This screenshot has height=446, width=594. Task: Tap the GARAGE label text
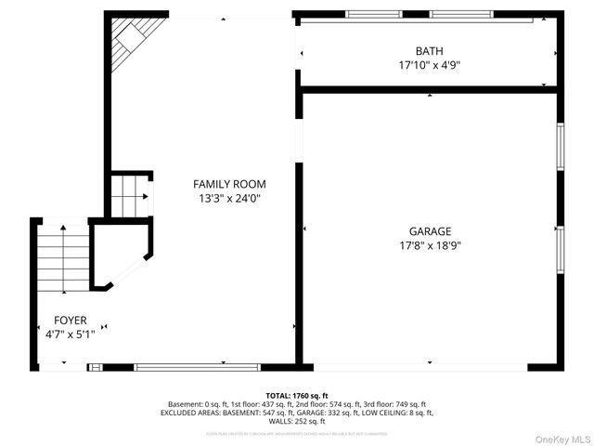430,231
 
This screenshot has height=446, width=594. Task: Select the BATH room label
429,51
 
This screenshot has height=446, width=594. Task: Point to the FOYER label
71,319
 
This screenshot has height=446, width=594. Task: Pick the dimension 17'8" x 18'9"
430,246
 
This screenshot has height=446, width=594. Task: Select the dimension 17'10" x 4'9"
429,66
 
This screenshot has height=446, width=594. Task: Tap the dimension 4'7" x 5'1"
70,334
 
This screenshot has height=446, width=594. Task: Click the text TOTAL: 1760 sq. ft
297,395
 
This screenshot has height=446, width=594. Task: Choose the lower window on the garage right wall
560,249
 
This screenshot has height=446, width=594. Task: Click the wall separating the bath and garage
429,89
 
